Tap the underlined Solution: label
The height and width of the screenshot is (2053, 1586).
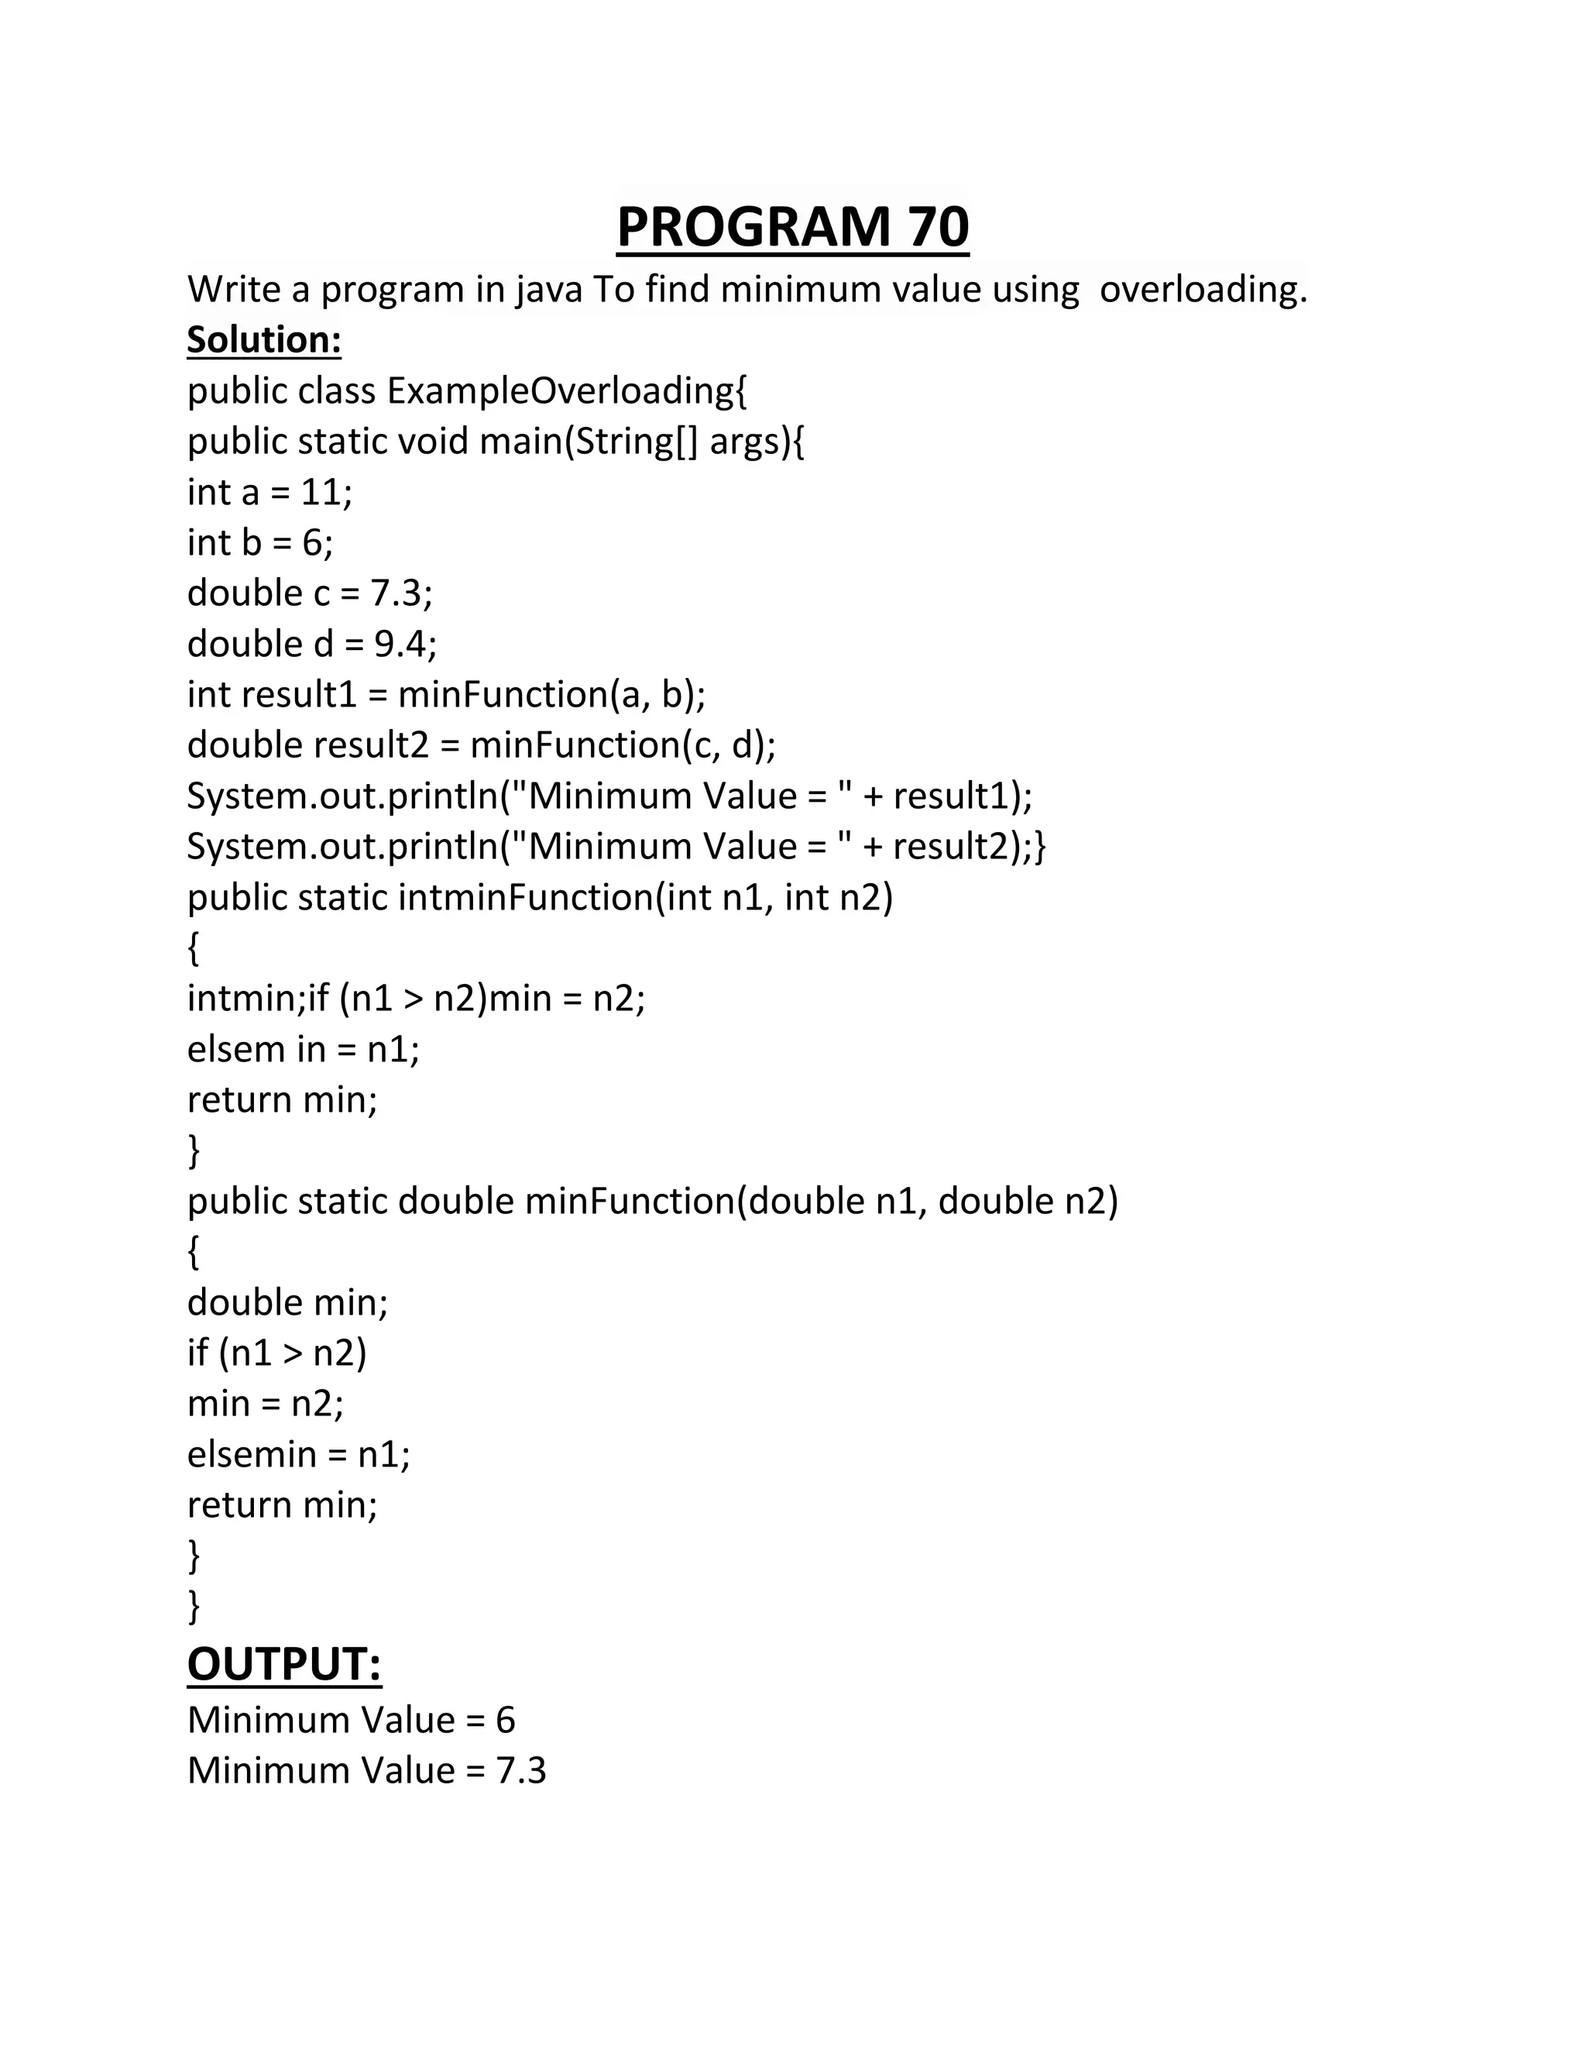point(264,339)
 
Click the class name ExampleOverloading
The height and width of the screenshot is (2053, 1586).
point(567,390)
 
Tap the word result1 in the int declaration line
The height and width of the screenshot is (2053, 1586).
point(300,695)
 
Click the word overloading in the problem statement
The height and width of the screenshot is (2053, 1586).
point(1203,289)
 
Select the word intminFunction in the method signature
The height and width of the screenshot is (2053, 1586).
point(525,898)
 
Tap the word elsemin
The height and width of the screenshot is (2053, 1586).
point(252,1454)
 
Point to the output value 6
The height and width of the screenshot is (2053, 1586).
point(506,1720)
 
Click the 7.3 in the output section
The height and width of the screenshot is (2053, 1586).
point(520,1771)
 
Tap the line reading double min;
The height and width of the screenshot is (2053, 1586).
point(287,1303)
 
